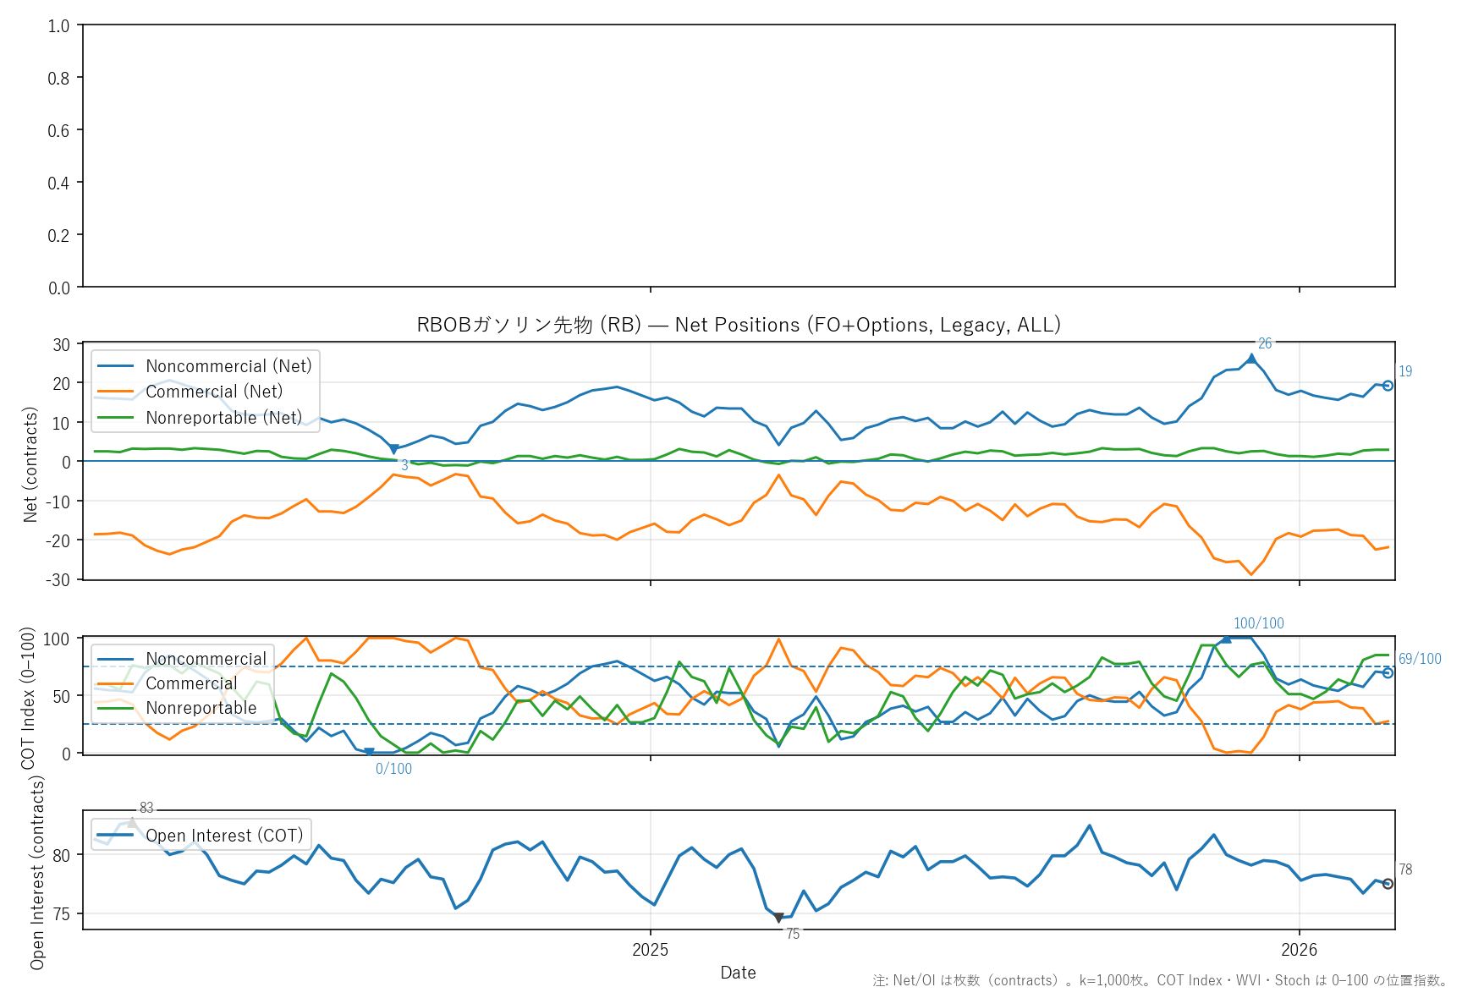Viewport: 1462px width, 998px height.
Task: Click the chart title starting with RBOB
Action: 738,325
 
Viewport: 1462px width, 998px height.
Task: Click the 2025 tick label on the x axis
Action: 650,950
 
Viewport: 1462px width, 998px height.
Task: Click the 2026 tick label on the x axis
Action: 1299,950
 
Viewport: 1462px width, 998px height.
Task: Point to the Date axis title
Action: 738,973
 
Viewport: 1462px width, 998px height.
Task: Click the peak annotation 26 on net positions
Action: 1265,343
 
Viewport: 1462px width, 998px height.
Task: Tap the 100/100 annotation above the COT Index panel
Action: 1258,623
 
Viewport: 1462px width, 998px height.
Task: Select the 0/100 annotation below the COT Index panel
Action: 393,769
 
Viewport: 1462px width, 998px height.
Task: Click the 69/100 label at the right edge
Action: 1420,659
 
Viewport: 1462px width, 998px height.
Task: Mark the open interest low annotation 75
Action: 793,934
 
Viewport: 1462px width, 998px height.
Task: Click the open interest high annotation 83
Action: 146,808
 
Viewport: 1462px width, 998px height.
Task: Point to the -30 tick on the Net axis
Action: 58,580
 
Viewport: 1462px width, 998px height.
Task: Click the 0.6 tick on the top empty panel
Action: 58,130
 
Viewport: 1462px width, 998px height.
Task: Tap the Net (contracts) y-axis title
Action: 30,464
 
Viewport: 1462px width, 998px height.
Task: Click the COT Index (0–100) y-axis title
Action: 28,698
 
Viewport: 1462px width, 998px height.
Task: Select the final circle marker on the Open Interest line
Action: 1388,884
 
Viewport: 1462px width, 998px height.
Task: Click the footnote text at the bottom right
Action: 1160,981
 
